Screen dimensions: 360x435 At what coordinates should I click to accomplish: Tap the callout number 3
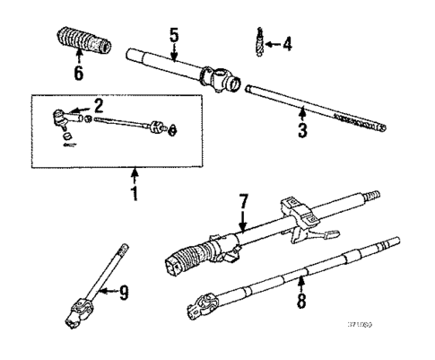(x=302, y=131)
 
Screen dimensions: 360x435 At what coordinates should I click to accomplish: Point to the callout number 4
(x=286, y=43)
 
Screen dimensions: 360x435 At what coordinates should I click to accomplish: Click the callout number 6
(x=78, y=72)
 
